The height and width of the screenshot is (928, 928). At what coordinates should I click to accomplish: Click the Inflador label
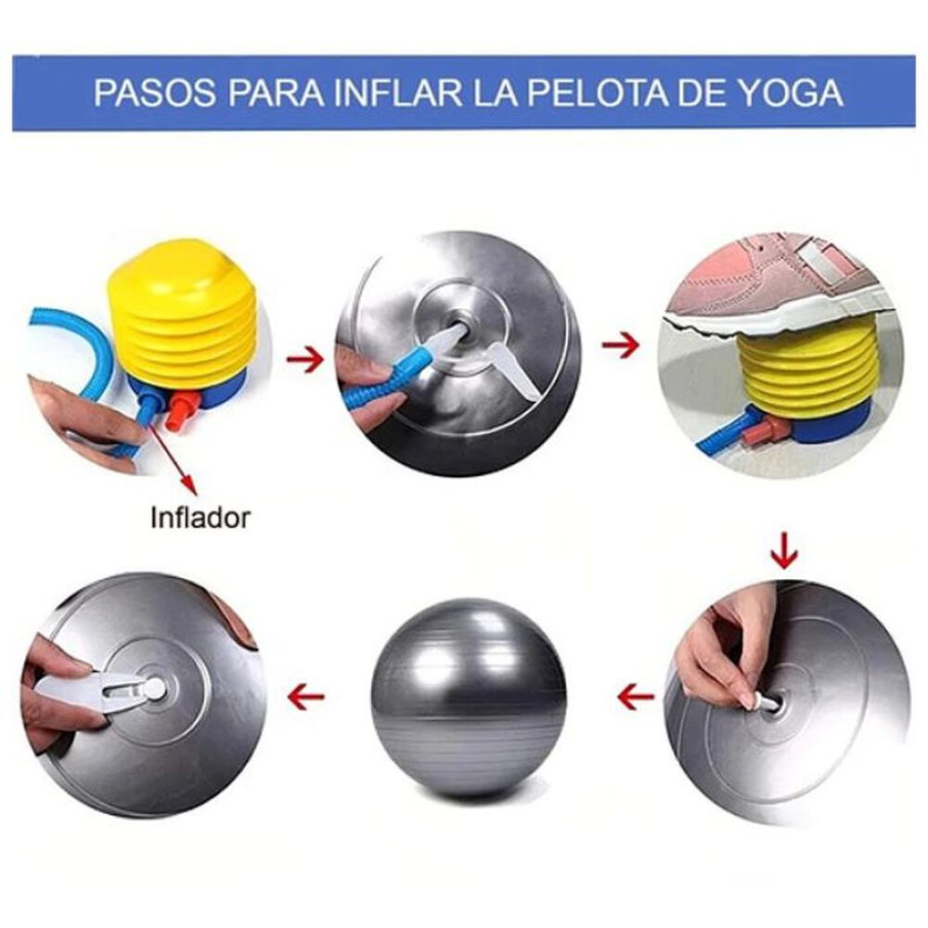pos(200,517)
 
